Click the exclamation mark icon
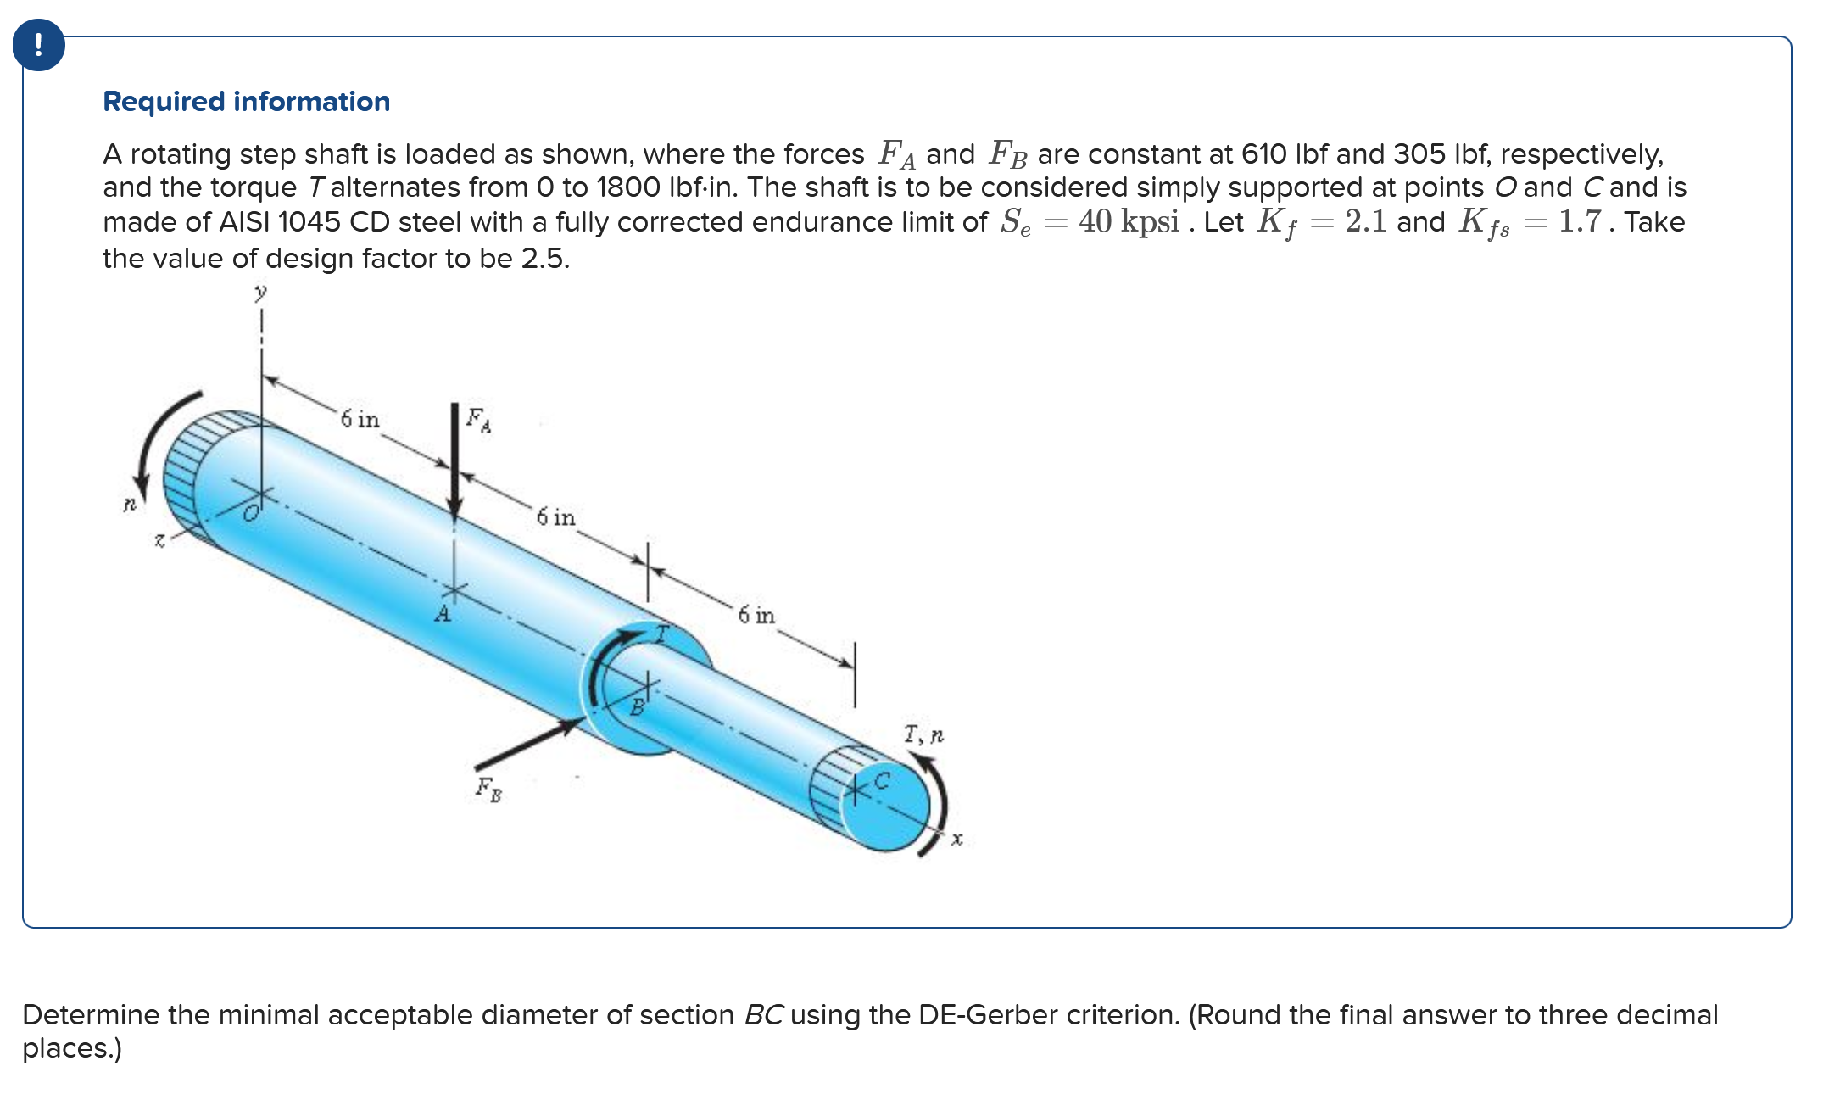(x=39, y=45)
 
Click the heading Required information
(x=246, y=102)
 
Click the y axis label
(x=260, y=293)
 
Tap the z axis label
(x=159, y=539)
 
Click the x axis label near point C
(x=956, y=839)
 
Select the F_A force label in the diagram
(x=477, y=419)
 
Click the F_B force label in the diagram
(x=488, y=789)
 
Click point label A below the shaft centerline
(x=443, y=614)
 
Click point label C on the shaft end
(x=882, y=780)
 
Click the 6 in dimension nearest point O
(x=360, y=419)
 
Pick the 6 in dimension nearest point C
(x=756, y=615)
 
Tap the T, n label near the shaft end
(x=923, y=734)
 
